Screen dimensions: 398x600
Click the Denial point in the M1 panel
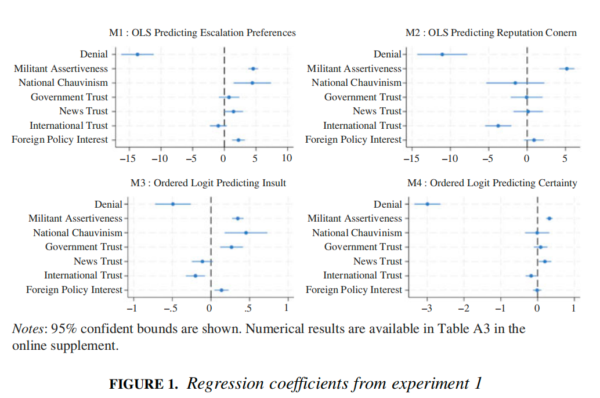(x=138, y=54)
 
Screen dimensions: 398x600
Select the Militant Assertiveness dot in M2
(x=567, y=68)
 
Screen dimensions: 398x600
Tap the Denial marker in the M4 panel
(x=428, y=204)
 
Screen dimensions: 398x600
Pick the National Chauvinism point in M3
(x=246, y=233)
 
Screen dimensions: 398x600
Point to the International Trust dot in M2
(x=498, y=125)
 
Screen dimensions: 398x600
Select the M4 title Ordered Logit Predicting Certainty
(x=492, y=183)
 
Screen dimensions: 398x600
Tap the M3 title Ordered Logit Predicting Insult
(x=208, y=183)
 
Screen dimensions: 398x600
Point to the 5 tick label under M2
(x=565, y=158)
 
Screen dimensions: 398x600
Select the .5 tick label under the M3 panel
(x=248, y=308)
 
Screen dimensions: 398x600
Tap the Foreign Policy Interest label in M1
(x=60, y=140)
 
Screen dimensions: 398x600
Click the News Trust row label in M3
(x=98, y=261)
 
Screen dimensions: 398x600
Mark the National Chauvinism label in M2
(x=356, y=82)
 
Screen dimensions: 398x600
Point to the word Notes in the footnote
(x=28, y=329)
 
